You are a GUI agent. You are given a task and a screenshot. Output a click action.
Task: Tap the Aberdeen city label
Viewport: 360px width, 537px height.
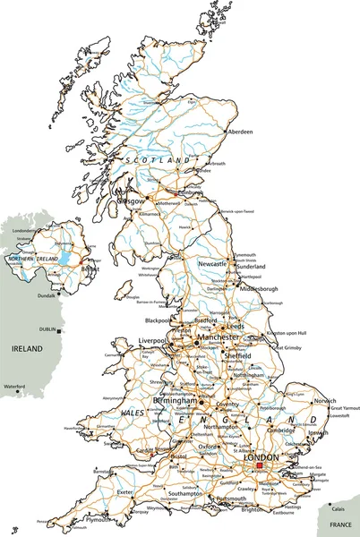[x=239, y=132]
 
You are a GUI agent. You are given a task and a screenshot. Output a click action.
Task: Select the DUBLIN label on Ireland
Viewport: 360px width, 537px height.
[x=45, y=329]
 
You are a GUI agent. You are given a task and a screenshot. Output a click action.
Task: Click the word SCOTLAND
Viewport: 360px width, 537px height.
[x=158, y=159]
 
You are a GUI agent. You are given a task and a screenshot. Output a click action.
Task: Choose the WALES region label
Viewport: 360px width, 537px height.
[x=133, y=413]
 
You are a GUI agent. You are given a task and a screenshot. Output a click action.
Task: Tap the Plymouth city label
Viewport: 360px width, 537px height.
[x=99, y=519]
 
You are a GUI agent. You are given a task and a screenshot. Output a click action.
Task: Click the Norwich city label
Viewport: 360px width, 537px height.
[x=324, y=401]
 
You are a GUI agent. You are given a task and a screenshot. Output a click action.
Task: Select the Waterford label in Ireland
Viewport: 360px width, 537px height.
[x=14, y=387]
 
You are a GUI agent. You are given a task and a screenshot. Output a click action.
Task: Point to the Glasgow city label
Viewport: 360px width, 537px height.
[x=131, y=201]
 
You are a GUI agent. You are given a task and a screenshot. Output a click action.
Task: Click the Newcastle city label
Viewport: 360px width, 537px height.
[x=212, y=264]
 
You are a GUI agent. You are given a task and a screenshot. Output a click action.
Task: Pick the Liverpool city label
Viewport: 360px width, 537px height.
[x=153, y=341]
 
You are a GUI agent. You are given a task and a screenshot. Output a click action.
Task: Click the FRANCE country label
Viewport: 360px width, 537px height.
[x=340, y=523]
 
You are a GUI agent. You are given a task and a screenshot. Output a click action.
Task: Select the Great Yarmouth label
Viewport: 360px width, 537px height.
[x=345, y=409]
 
